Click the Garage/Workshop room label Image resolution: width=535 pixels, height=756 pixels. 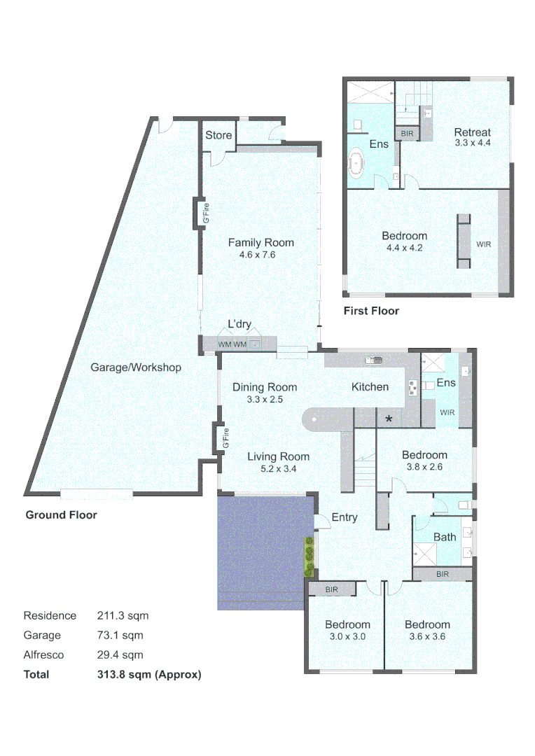[136, 367]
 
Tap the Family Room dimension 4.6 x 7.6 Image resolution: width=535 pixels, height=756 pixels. [261, 255]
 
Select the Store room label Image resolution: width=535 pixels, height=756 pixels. [218, 135]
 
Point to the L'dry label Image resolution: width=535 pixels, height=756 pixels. [239, 325]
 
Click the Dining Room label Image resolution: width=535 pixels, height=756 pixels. [265, 387]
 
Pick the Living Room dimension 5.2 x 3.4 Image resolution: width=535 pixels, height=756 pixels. [278, 469]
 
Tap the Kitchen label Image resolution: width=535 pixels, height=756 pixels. [370, 387]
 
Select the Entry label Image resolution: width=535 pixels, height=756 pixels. [345, 517]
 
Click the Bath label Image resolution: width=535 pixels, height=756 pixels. [445, 537]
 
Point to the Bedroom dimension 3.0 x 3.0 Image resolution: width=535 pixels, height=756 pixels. [347, 637]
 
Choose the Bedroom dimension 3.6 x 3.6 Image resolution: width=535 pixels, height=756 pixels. [427, 637]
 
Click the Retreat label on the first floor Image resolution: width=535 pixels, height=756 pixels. [472, 132]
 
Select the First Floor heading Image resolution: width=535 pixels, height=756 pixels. [371, 311]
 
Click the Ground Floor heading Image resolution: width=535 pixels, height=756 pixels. [61, 515]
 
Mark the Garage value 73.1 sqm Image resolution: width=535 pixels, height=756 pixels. [120, 636]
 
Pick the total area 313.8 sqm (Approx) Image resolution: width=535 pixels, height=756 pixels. [149, 675]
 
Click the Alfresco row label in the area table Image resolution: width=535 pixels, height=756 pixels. [43, 655]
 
